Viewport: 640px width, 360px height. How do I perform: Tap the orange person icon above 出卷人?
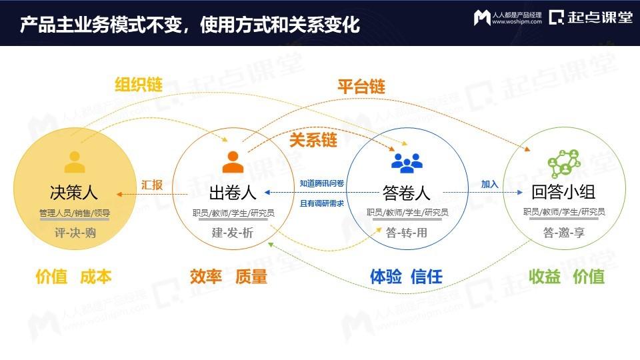233,161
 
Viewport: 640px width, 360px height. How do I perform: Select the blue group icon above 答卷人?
407,163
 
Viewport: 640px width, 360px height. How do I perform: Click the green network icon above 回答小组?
564,163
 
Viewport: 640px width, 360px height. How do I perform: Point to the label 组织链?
139,85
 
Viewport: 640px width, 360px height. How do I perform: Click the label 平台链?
361,87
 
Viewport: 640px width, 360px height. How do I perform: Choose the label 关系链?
313,140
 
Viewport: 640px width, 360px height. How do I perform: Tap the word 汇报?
152,185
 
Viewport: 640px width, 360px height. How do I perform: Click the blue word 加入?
490,184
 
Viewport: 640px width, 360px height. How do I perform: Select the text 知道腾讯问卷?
322,183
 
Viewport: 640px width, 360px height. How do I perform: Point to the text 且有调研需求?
322,203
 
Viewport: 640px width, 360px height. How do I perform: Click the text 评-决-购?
75,233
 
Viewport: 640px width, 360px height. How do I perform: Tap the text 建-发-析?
233,233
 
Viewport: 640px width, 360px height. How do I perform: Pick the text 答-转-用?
407,233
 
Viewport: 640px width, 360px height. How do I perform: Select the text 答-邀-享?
564,233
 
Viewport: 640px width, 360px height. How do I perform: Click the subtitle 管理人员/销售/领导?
75,213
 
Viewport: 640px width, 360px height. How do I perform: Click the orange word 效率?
206,277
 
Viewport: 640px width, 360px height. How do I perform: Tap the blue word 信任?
427,277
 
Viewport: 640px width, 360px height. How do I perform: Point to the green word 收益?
545,277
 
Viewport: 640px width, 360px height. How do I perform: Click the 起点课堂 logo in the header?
591,17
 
